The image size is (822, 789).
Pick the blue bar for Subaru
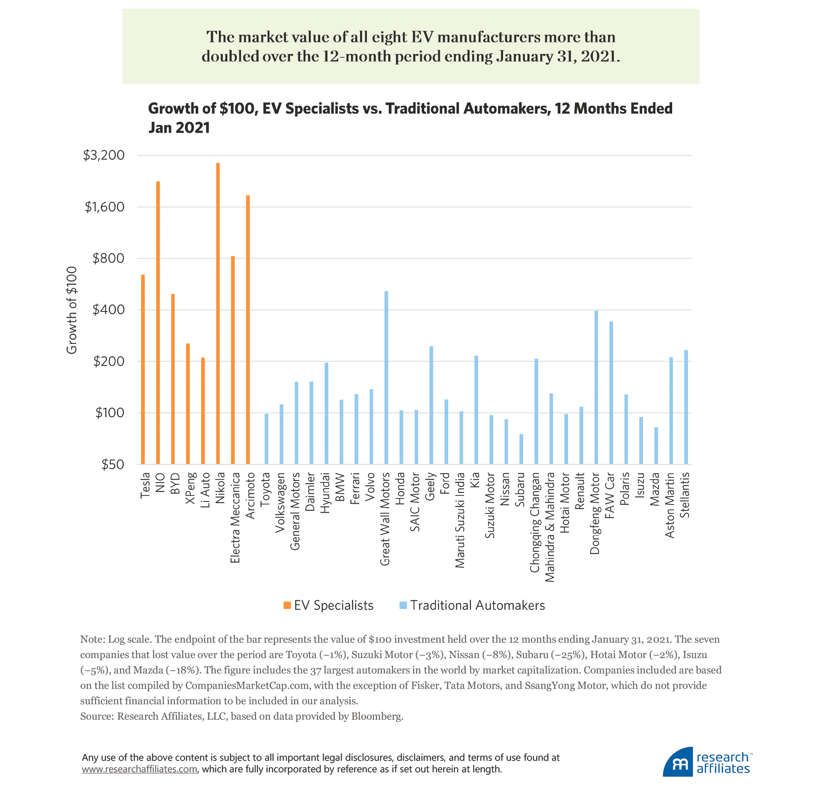coord(521,449)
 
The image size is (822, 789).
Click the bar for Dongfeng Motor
coord(596,387)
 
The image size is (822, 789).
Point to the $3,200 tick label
coord(104,155)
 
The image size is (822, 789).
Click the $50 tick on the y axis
coord(113,465)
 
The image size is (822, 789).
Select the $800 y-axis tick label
coord(108,258)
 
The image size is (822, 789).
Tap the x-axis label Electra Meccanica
coord(235,517)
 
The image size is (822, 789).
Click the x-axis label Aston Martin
coord(670,505)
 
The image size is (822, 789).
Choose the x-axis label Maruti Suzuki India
coord(460,520)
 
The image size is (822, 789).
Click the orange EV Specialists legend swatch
coord(287,605)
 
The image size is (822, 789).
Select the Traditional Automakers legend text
coord(477,605)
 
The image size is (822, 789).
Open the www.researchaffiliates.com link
coord(140,769)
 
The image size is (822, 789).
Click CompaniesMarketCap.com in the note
coord(247,685)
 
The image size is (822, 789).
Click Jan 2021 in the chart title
coord(179,128)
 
